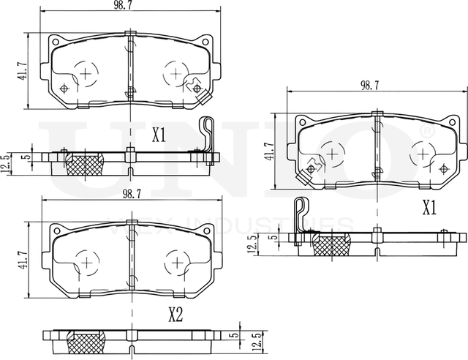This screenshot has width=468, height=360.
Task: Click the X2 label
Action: click(x=175, y=315)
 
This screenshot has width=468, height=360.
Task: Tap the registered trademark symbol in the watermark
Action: click(x=428, y=129)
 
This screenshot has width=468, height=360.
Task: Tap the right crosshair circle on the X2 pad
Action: click(x=175, y=261)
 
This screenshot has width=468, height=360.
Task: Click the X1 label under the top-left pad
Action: click(x=159, y=135)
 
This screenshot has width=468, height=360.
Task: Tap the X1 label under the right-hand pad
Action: click(x=429, y=209)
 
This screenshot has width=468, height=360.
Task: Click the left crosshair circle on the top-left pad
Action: click(x=86, y=73)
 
